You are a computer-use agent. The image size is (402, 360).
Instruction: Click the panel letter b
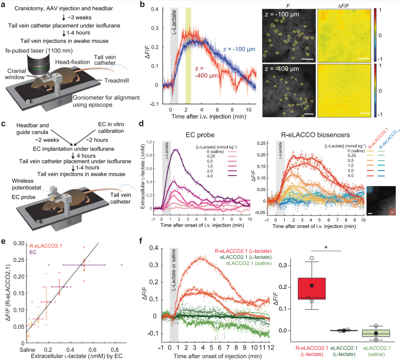(x=142, y=4)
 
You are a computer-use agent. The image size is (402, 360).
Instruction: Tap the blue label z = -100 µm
(x=239, y=49)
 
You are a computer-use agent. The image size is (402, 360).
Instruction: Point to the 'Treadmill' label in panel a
(x=116, y=81)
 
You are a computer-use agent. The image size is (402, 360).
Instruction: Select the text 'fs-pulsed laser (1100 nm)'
(x=39, y=51)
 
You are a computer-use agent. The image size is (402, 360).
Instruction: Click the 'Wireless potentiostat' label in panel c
(x=27, y=184)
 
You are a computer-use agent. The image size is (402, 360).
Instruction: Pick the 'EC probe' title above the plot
(x=200, y=135)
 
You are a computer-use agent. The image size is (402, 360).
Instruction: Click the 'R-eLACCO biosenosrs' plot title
(x=315, y=135)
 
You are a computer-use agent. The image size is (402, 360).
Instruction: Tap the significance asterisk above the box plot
(x=326, y=248)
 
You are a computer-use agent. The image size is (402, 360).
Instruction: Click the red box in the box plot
(x=312, y=289)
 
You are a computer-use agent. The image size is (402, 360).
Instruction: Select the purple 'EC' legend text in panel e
(x=33, y=252)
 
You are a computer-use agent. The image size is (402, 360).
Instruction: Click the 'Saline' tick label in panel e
(x=27, y=350)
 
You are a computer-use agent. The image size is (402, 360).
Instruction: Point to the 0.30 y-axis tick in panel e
(x=19, y=243)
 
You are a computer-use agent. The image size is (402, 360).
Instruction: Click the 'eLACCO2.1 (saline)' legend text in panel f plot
(x=248, y=263)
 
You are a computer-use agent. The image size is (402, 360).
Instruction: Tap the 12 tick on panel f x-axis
(x=271, y=347)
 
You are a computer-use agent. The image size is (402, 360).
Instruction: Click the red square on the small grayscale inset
(x=392, y=212)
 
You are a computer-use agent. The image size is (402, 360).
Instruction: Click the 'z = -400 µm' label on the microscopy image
(x=282, y=69)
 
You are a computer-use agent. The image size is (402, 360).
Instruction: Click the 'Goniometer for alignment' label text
(x=106, y=98)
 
